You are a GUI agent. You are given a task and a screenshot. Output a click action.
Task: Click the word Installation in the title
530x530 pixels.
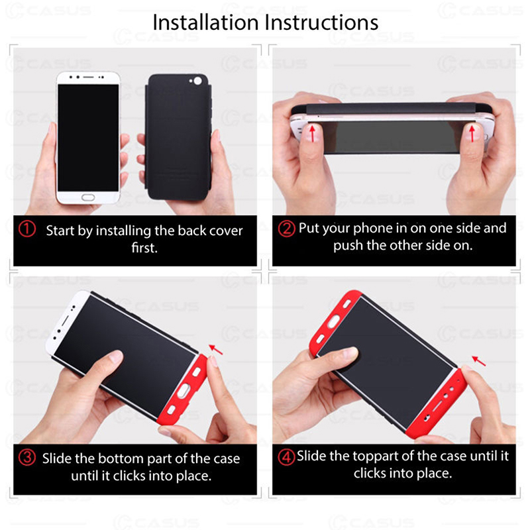point(206,23)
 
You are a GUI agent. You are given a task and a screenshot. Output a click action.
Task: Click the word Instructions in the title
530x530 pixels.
point(321,23)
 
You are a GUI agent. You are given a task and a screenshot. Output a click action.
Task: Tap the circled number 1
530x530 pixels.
point(27,229)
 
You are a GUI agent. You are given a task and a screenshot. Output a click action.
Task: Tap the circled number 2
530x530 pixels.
point(286,229)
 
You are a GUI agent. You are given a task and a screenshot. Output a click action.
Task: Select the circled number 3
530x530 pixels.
point(27,457)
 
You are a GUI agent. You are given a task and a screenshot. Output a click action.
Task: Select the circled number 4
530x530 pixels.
point(286,457)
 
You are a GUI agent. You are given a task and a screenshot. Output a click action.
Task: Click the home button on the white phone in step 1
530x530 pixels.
point(88,197)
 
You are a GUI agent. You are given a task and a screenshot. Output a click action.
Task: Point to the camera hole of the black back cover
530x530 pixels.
point(197,81)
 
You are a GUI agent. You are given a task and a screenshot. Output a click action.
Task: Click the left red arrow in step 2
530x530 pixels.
point(313,134)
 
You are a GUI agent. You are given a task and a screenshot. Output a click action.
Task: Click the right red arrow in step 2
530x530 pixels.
point(472,134)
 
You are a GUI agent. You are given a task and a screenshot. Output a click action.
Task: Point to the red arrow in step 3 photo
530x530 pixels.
point(216,350)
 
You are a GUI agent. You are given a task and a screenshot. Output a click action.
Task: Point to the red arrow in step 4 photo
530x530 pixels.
point(478,360)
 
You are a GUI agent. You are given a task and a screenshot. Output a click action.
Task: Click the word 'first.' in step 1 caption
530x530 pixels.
point(144,248)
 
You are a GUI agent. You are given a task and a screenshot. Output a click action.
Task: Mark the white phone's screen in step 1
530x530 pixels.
point(88,138)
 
